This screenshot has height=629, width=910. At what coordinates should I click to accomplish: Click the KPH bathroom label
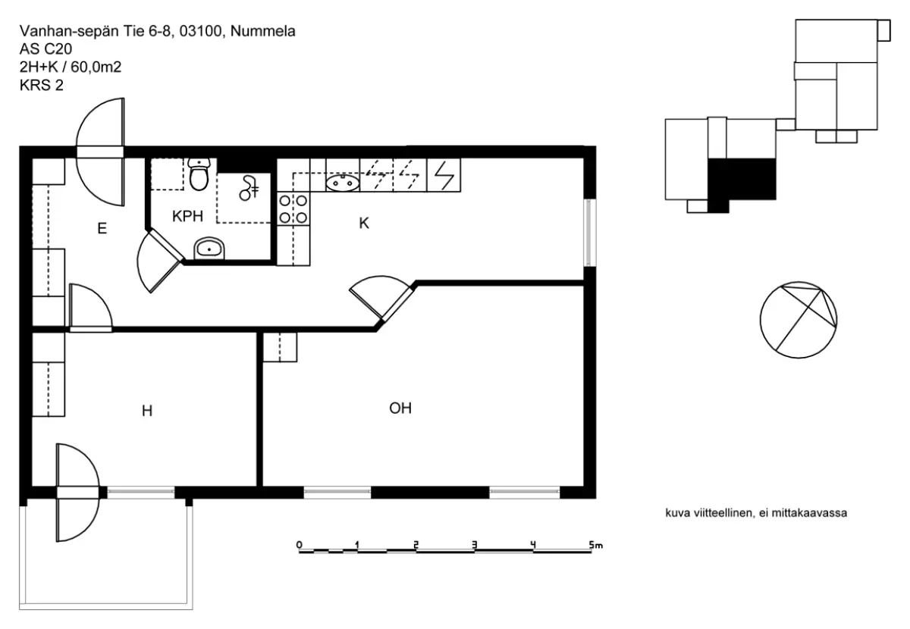point(187,216)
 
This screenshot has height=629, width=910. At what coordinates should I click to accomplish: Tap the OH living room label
point(400,408)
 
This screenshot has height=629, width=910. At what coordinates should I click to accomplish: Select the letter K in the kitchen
point(364,223)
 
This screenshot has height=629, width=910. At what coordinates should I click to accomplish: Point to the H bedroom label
point(147,411)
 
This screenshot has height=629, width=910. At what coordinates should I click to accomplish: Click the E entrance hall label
point(102,228)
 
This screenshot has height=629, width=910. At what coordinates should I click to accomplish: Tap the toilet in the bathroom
point(199,174)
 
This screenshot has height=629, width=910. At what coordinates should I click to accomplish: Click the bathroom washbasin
point(209,248)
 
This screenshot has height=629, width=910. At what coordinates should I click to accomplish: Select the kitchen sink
point(343,183)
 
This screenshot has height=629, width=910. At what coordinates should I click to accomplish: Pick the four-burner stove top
point(293,209)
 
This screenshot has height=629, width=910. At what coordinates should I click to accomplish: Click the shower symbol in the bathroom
point(248,188)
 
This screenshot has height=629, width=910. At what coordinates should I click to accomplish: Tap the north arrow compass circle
point(799,320)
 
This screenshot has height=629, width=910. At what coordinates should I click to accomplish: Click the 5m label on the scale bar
point(596,545)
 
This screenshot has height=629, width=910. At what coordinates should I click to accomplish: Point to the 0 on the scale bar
point(300,545)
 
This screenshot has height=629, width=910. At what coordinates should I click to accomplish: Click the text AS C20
point(46,49)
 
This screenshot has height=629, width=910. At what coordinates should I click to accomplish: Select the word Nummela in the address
point(263,31)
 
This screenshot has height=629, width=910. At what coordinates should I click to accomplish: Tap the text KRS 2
point(42,86)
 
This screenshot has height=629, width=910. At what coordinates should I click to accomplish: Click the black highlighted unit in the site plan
point(742,183)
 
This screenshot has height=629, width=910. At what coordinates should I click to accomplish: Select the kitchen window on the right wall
point(590,232)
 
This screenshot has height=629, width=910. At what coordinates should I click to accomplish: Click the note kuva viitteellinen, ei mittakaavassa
point(756,513)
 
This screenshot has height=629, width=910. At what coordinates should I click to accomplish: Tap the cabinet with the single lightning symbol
point(444,175)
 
